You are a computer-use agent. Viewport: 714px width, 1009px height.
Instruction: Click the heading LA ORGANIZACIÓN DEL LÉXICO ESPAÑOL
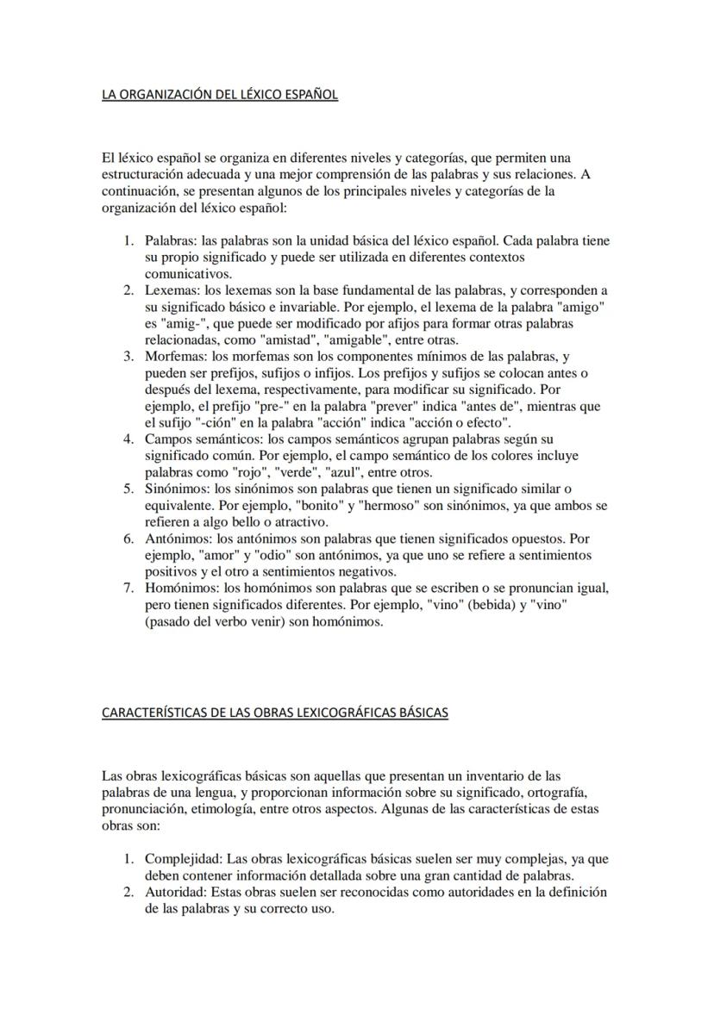pos(219,95)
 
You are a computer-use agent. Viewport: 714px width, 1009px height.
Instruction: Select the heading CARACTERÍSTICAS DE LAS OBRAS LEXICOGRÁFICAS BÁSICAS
pos(274,713)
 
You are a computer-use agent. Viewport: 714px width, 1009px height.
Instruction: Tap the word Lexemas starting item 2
pos(170,291)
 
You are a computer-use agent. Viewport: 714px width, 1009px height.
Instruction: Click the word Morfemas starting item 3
pos(172,357)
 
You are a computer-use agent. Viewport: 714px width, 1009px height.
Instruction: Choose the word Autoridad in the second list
pos(175,892)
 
